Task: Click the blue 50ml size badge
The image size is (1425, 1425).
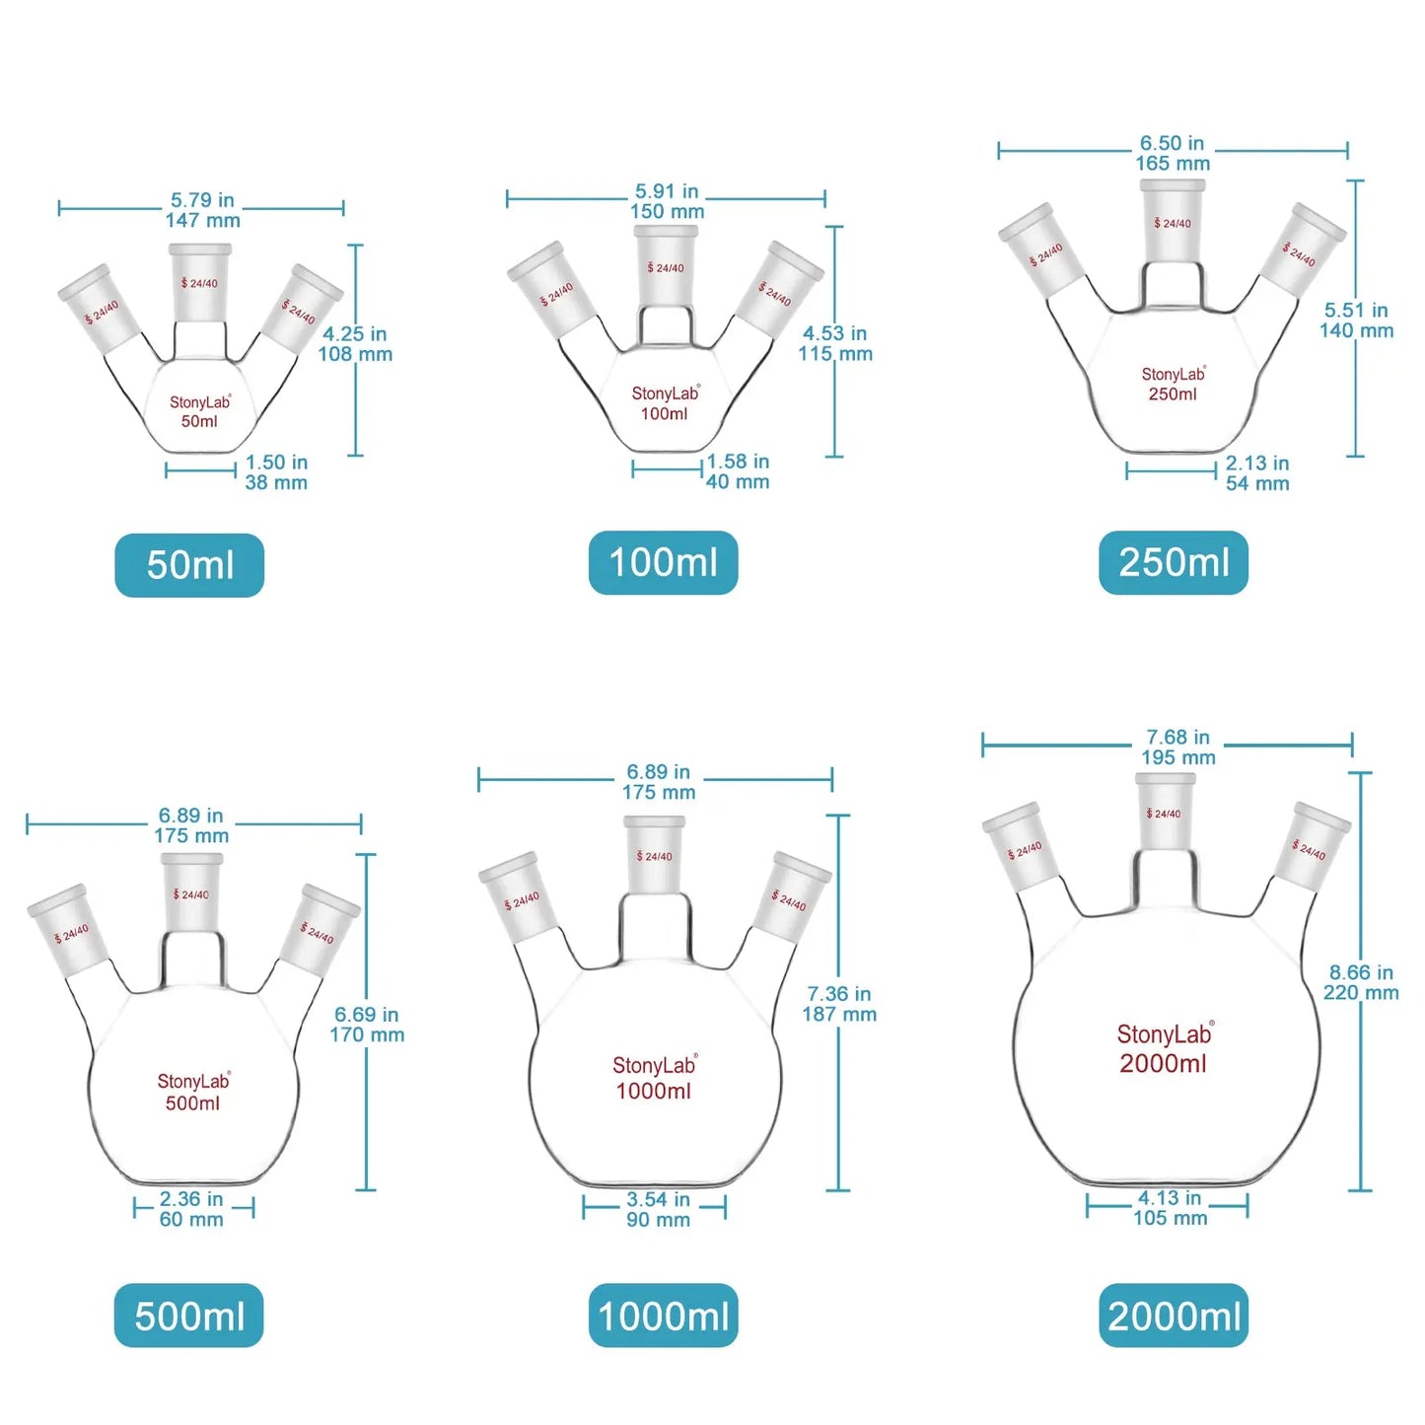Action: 189,565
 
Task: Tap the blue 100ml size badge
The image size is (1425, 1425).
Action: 663,563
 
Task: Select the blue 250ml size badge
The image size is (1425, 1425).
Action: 1174,563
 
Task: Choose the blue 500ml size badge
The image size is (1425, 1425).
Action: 189,1316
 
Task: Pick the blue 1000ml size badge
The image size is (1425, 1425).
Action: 663,1316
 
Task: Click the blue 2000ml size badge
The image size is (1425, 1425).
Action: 1174,1316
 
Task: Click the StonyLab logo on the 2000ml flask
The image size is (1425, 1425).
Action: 1165,1034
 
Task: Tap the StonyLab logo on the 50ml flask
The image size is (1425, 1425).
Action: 200,402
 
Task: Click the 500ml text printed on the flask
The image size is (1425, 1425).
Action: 193,1104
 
